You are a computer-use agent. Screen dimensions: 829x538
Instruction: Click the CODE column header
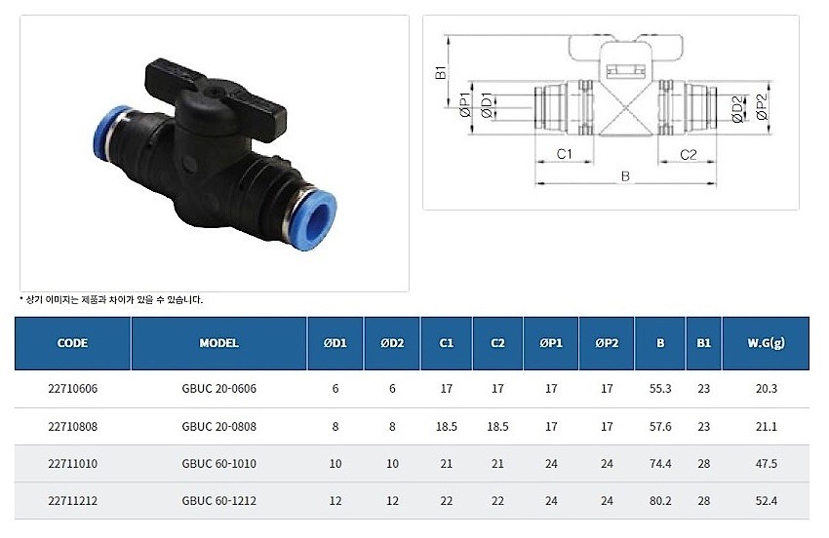[72, 343]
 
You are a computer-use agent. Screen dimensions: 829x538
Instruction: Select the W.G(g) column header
[766, 343]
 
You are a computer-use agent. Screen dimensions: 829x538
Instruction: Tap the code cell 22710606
[72, 389]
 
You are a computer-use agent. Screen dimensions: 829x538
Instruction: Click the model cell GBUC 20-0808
[218, 427]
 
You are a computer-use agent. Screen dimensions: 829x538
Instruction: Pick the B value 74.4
[660, 464]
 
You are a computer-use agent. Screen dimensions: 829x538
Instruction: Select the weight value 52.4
[766, 501]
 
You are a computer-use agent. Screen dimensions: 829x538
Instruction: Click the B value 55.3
[660, 389]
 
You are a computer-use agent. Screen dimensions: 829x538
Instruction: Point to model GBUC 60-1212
[218, 501]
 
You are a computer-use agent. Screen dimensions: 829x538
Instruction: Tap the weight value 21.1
[766, 427]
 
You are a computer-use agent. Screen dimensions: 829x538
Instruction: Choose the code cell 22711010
[72, 464]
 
